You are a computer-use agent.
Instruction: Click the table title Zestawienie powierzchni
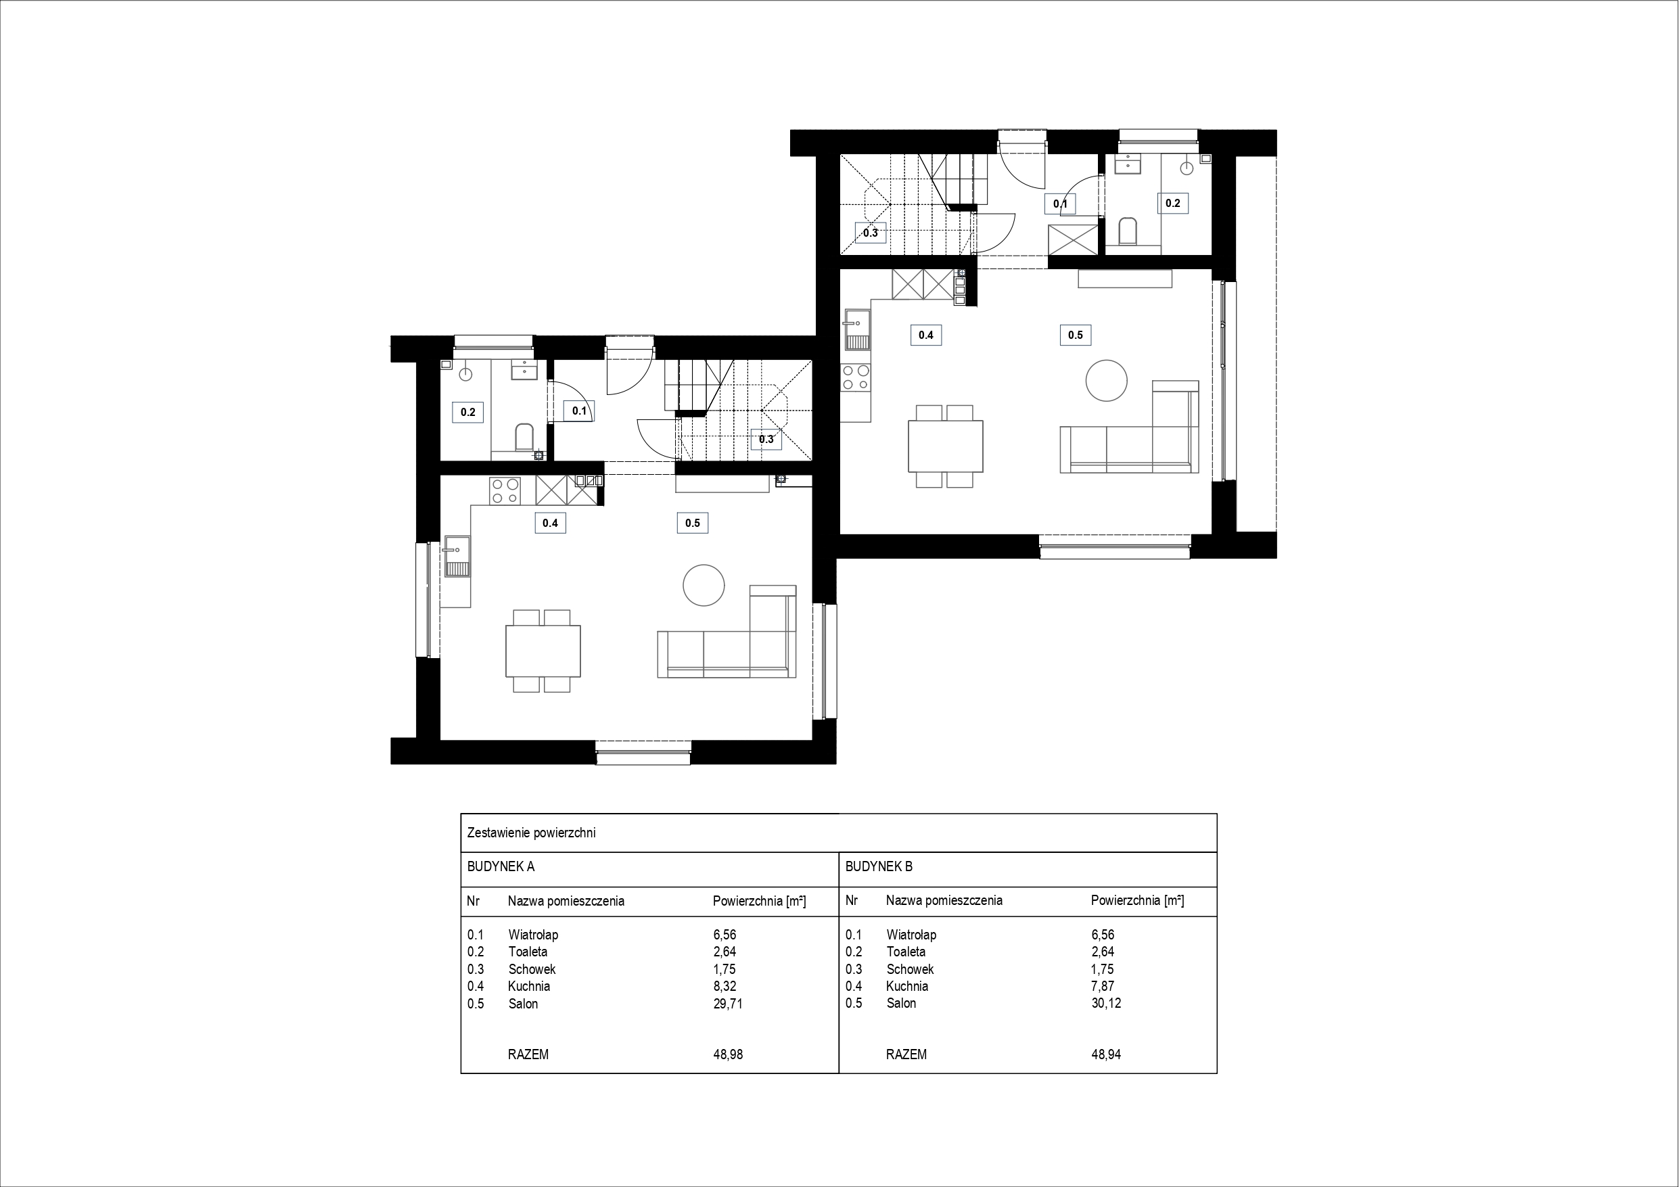coord(531,833)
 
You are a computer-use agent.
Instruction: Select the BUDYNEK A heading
coord(501,866)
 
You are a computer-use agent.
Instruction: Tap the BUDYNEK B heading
coord(879,866)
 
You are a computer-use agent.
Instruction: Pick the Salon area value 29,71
coord(728,1004)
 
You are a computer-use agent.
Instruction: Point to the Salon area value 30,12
coord(1105,1003)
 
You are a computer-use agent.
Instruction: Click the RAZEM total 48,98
coord(728,1054)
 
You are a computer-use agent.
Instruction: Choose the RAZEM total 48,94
coord(1105,1054)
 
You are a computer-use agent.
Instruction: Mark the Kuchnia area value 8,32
coord(724,986)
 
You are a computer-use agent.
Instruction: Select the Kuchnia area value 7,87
coord(1103,986)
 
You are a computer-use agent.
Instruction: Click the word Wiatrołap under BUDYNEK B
coord(911,935)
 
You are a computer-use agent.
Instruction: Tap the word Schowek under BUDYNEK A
coord(532,969)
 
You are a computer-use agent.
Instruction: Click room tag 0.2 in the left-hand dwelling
coord(468,413)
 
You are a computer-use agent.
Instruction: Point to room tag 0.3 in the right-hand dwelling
coord(870,233)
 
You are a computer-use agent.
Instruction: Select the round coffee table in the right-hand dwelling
coord(1107,380)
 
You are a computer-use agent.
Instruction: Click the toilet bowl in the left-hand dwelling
coord(524,438)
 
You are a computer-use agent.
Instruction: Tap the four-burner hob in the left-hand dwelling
coord(505,491)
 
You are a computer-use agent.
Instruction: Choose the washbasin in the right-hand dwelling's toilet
coord(1127,166)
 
